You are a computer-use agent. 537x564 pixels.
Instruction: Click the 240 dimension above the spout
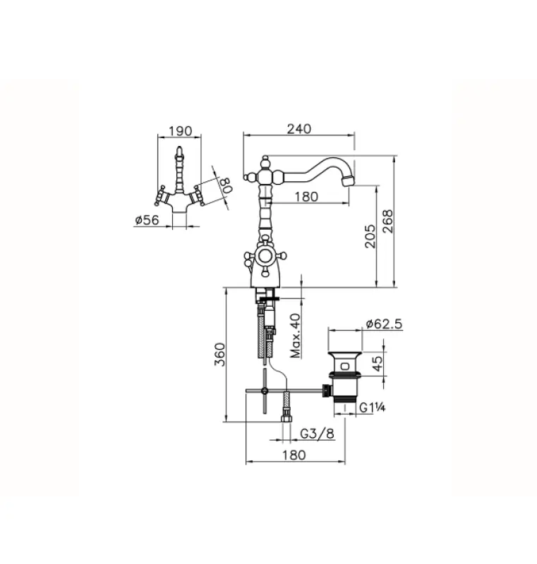click(x=298, y=128)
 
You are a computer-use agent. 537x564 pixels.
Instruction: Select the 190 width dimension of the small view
click(x=181, y=130)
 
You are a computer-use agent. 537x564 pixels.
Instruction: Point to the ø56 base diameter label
click(x=145, y=221)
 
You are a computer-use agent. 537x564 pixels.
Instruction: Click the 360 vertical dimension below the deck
click(x=220, y=355)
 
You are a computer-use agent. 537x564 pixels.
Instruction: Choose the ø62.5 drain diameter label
click(x=384, y=324)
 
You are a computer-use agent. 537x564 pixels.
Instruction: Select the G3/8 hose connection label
click(x=317, y=434)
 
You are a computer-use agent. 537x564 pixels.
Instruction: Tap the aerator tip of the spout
click(x=346, y=181)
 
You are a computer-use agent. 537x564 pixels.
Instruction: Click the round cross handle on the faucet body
click(x=266, y=257)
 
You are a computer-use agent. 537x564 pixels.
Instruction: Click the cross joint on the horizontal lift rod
click(x=264, y=390)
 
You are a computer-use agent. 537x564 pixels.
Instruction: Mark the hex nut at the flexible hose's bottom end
click(x=286, y=415)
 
